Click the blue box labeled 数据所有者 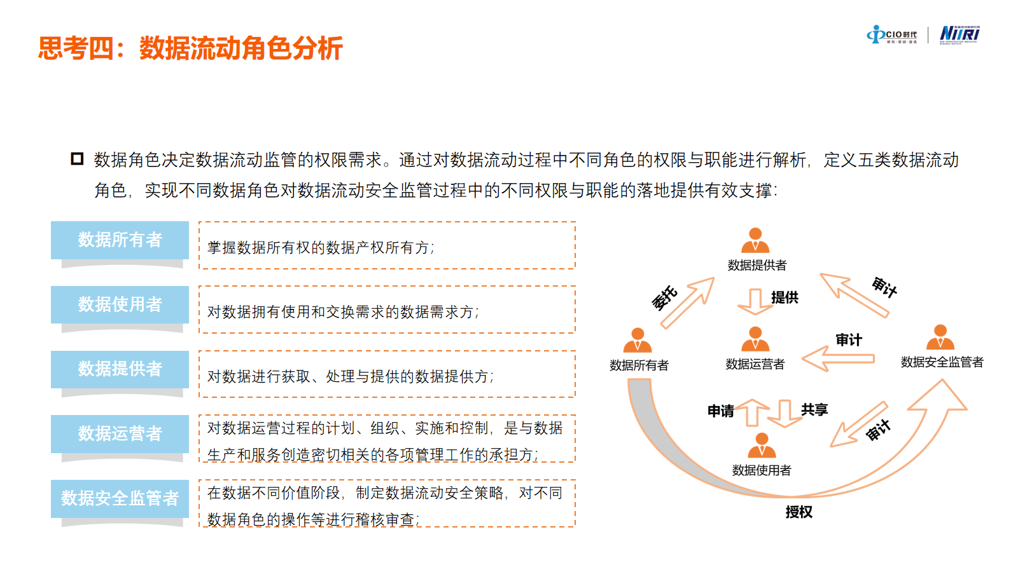pyautogui.click(x=120, y=240)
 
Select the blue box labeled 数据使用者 pyautogui.click(x=120, y=304)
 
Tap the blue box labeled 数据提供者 pyautogui.click(x=120, y=369)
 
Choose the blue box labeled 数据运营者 pyautogui.click(x=120, y=433)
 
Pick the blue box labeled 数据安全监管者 pyautogui.click(x=120, y=498)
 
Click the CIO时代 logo pyautogui.click(x=892, y=35)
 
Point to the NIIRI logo pyautogui.click(x=959, y=34)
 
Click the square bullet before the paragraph pyautogui.click(x=77, y=159)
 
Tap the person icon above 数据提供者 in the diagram pyautogui.click(x=755, y=240)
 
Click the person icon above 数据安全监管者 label pyautogui.click(x=940, y=337)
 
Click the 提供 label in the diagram pyautogui.click(x=784, y=297)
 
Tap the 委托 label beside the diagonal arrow pyautogui.click(x=664, y=297)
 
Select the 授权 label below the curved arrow pyautogui.click(x=798, y=512)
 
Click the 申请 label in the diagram pyautogui.click(x=721, y=411)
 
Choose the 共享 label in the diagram pyautogui.click(x=814, y=410)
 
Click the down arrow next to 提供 pyautogui.click(x=755, y=301)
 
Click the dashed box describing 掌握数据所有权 pyautogui.click(x=387, y=245)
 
